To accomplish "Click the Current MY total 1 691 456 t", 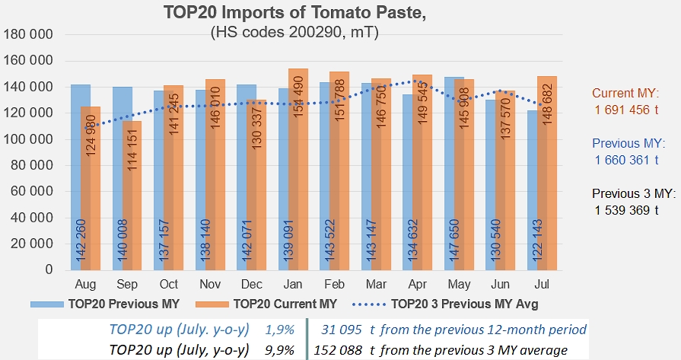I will [627, 110].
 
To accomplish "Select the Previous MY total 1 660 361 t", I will [627, 159].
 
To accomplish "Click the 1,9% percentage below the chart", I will [275, 330].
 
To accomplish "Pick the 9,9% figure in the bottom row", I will [275, 349].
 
